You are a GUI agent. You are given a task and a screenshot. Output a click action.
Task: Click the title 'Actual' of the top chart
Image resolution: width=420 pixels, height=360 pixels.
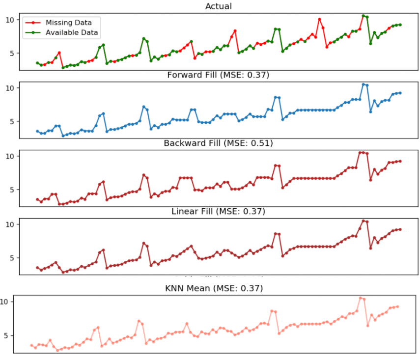tap(218, 6)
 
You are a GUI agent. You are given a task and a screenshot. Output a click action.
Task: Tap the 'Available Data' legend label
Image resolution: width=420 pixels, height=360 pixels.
tap(72, 32)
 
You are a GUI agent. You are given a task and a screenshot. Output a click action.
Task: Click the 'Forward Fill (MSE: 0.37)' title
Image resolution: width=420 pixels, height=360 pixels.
tap(218, 75)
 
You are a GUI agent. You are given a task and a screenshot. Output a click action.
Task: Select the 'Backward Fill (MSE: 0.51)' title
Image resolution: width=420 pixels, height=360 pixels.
tap(218, 143)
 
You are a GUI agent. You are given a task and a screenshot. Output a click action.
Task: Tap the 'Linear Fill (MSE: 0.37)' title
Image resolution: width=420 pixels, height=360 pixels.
tap(218, 212)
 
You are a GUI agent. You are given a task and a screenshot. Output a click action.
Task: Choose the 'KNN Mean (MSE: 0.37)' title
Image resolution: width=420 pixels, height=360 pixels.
tap(214, 288)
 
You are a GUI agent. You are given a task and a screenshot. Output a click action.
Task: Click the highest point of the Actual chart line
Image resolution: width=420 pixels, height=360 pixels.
tap(364, 16)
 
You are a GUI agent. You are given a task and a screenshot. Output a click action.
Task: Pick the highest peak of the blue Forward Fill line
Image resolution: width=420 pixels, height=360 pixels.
tap(364, 84)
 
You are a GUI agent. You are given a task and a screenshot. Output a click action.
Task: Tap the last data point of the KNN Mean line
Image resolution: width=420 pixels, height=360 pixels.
tap(397, 306)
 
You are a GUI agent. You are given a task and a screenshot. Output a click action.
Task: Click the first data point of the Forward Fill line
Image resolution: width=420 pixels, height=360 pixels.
tap(37, 131)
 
